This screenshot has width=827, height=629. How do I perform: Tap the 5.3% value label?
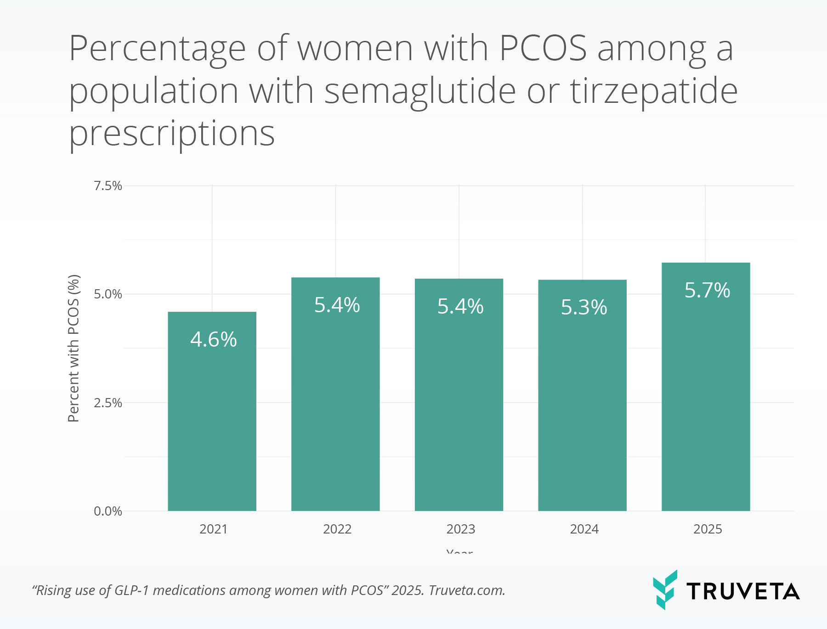tap(583, 307)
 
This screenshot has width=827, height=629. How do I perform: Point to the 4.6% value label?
tap(214, 340)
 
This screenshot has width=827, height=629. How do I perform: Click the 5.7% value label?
tap(707, 290)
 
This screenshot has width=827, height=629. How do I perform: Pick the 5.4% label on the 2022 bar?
tap(337, 305)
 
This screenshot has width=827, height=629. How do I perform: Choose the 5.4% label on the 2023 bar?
tap(460, 306)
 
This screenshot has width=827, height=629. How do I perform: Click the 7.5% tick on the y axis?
tap(108, 186)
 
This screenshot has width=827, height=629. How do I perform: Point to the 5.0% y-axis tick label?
tap(108, 294)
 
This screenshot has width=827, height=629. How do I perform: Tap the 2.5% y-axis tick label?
tap(108, 403)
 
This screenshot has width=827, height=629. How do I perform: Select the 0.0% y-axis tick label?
tap(108, 511)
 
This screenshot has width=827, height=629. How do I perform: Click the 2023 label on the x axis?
tap(460, 529)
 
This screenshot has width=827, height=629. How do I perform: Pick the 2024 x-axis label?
tap(584, 529)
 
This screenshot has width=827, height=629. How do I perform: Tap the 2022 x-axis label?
tap(337, 529)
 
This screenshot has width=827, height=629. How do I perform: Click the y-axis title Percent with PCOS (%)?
tap(74, 348)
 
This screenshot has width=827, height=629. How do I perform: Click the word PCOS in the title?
tap(543, 48)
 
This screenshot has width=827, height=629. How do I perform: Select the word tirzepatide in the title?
tap(654, 91)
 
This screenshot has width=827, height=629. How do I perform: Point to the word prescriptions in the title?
tap(172, 134)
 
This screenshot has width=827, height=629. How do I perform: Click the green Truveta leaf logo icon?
tap(665, 590)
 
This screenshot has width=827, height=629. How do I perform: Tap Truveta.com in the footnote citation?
tap(467, 590)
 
